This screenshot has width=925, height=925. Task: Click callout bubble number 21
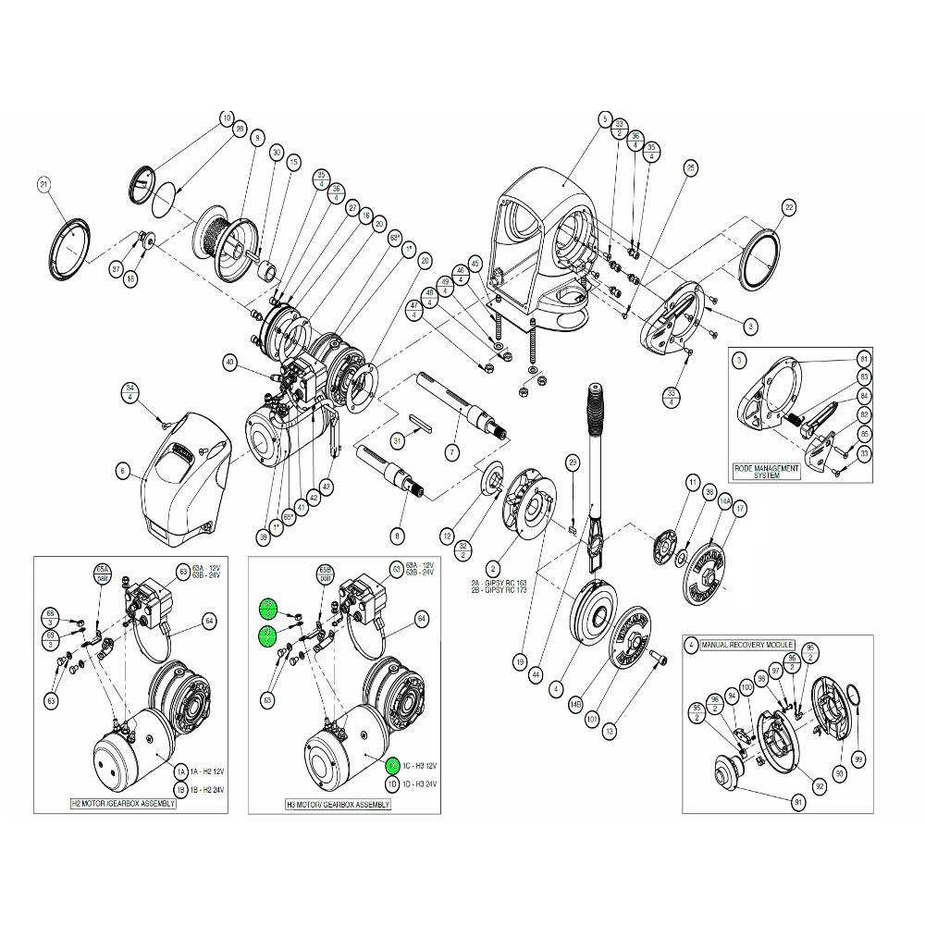(42, 184)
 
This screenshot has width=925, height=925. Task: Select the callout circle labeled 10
(227, 118)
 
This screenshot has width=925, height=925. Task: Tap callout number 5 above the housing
(605, 118)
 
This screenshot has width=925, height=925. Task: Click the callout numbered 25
(690, 167)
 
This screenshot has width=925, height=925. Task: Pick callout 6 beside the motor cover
(121, 471)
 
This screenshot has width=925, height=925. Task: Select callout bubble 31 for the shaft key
(397, 439)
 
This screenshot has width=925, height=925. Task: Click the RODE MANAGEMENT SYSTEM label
(766, 472)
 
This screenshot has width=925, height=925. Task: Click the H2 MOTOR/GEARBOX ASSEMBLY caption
(124, 804)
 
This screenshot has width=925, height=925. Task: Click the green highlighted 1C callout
(392, 766)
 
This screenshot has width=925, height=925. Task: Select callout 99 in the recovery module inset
(859, 759)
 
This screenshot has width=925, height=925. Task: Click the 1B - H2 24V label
(203, 790)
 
